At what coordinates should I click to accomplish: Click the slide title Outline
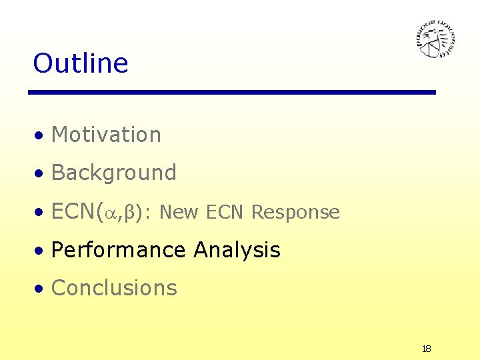click(x=80, y=63)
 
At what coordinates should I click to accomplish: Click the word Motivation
click(x=106, y=135)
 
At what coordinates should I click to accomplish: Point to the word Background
click(x=113, y=173)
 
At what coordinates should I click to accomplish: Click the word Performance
click(x=118, y=251)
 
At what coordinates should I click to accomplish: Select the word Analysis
click(x=237, y=251)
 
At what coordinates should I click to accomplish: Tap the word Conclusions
click(x=114, y=288)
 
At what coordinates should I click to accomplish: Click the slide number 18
click(x=427, y=349)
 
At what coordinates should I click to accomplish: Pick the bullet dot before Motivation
click(x=41, y=136)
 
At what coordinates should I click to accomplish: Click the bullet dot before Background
click(x=41, y=174)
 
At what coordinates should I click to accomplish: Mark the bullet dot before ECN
click(x=41, y=213)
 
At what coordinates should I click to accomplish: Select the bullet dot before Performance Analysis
click(x=41, y=251)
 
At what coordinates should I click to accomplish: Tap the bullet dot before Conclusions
click(x=41, y=289)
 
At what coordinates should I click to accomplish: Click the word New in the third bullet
click(x=179, y=213)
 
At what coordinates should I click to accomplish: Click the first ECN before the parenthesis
click(x=73, y=211)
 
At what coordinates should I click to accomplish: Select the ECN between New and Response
click(x=226, y=213)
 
